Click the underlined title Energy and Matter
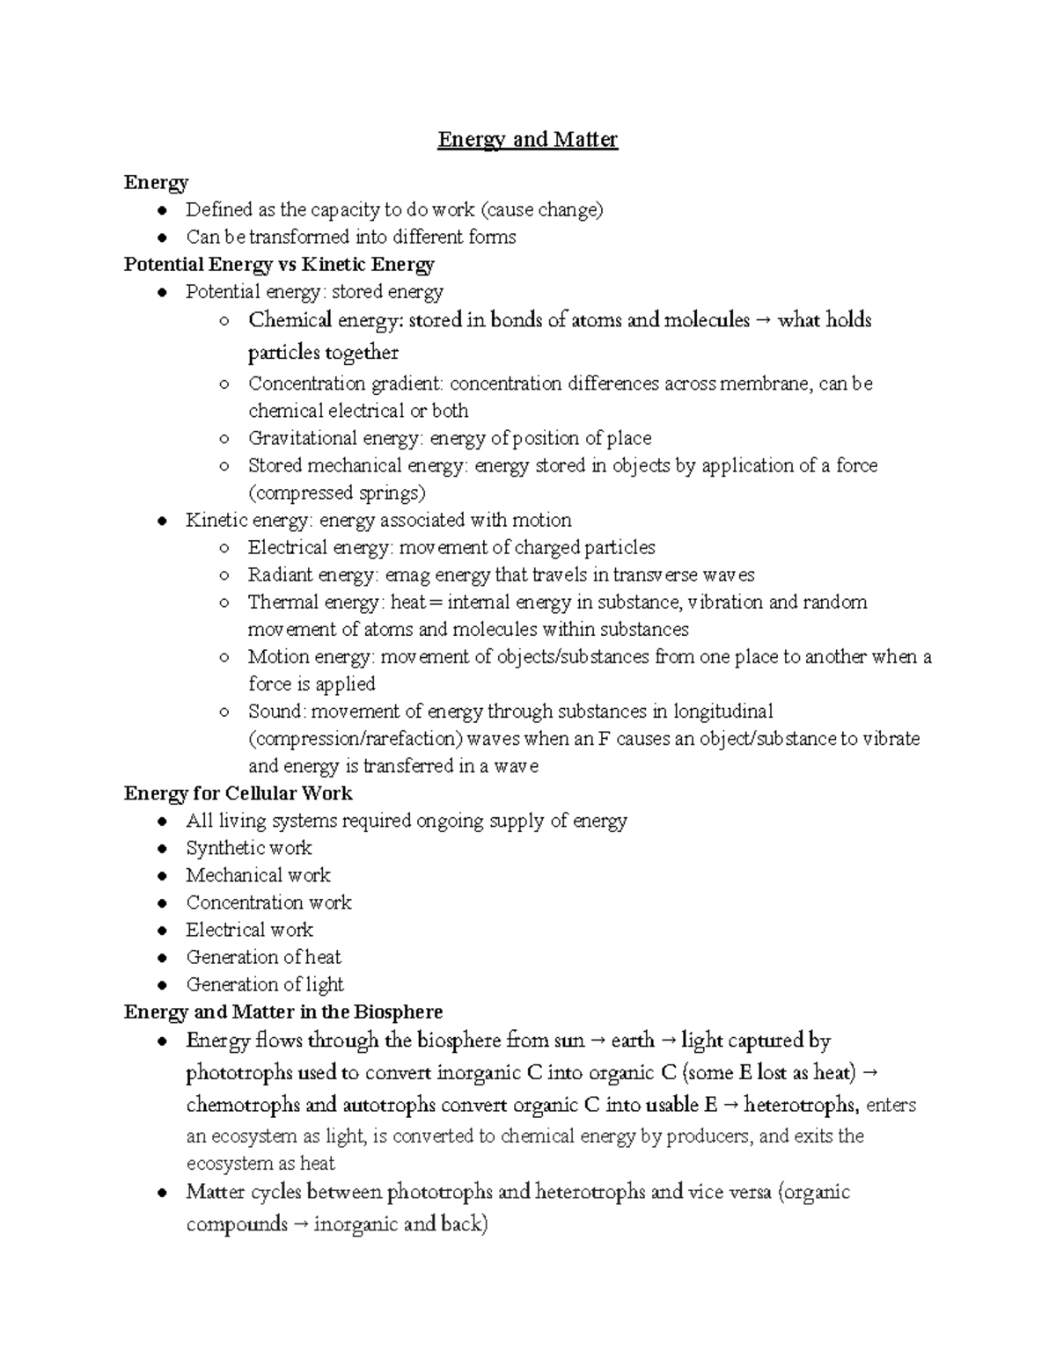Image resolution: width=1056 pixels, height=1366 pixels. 528,140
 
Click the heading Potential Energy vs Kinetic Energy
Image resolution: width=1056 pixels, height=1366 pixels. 279,265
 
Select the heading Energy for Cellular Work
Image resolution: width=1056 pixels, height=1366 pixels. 238,793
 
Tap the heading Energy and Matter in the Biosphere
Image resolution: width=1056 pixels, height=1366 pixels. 282,1012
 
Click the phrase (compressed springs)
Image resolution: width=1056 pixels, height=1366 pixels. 336,493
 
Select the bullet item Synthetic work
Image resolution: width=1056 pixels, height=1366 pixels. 249,848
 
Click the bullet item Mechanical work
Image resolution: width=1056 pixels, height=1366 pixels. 258,875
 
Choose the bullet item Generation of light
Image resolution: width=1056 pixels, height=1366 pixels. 264,984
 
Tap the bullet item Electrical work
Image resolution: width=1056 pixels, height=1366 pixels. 249,930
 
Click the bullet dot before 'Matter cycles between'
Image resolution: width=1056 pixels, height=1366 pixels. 161,1194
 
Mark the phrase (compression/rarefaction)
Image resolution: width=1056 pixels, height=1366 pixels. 355,739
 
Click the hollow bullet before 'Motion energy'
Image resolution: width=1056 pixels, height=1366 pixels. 225,657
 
